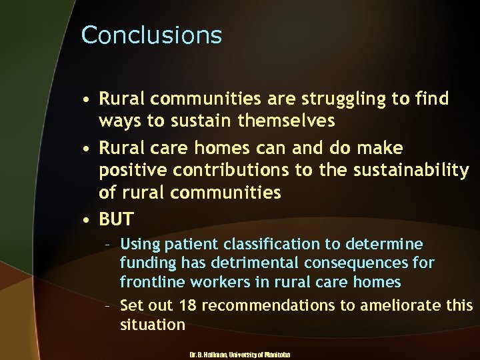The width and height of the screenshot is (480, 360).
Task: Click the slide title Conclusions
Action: (x=151, y=35)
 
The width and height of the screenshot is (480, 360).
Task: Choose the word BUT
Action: (x=117, y=219)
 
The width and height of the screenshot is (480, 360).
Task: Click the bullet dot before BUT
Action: (x=87, y=219)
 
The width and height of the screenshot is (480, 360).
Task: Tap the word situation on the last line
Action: (x=153, y=325)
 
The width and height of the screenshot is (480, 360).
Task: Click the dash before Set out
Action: (x=108, y=305)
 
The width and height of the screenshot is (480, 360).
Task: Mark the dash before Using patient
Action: (x=108, y=245)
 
